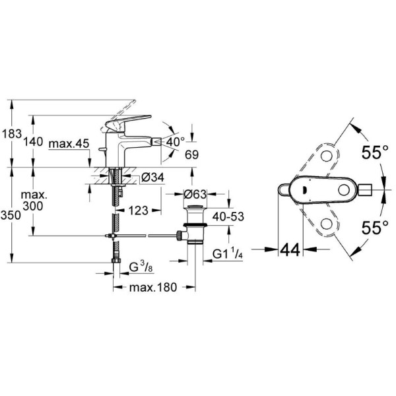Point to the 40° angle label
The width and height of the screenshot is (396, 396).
point(176,141)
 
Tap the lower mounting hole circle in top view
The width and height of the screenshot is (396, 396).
point(327,226)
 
